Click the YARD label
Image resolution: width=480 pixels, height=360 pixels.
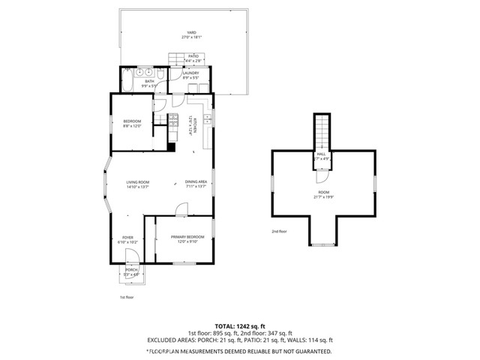pos(171,34)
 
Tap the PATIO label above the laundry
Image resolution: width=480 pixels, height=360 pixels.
pos(193,57)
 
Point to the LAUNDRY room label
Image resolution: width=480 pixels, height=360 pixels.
pos(190,75)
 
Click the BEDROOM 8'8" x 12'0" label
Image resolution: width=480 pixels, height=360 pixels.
pos(132,124)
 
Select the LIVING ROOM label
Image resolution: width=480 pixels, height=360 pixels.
pos(138,184)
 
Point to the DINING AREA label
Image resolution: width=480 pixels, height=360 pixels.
pos(195,184)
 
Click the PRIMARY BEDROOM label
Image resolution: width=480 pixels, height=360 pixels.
pos(182,239)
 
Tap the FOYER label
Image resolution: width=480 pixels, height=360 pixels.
pos(127,239)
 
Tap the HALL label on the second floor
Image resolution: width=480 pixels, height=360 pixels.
pos(320,155)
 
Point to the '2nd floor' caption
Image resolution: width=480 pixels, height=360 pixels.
pos(280,232)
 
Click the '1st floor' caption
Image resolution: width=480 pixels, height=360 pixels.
pos(127,298)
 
